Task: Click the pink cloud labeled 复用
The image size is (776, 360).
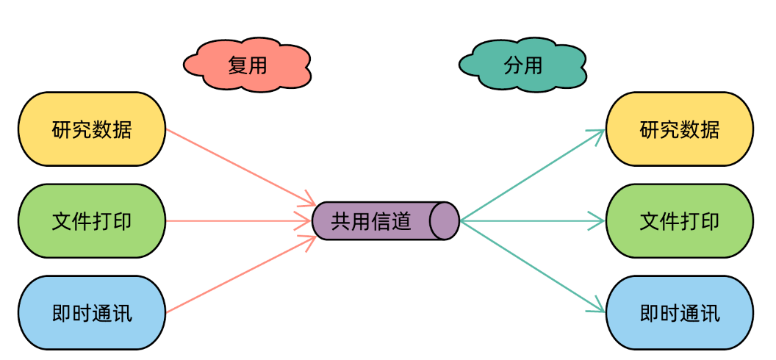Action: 247,66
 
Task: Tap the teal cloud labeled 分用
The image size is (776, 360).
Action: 522,66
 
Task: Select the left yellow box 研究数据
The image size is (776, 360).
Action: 92,129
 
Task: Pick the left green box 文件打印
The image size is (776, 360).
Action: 92,220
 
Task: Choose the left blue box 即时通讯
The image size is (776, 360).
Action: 92,313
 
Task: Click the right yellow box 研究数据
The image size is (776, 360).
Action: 680,129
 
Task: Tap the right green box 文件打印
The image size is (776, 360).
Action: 680,220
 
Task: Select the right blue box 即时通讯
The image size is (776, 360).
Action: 680,313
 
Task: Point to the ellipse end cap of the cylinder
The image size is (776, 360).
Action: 445,220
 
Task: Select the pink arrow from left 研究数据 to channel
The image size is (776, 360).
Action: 240,166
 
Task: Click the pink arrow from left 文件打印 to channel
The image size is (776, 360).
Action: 239,220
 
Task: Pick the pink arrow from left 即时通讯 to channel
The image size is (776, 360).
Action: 240,275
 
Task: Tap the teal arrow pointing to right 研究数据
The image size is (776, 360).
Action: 533,175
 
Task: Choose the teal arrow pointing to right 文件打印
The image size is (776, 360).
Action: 533,220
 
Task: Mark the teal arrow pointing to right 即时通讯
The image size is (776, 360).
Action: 533,266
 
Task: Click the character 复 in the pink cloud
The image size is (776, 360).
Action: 237,66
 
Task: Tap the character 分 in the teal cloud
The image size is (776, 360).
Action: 513,66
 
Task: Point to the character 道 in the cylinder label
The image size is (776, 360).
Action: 401,221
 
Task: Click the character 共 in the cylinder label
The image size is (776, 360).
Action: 340,221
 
